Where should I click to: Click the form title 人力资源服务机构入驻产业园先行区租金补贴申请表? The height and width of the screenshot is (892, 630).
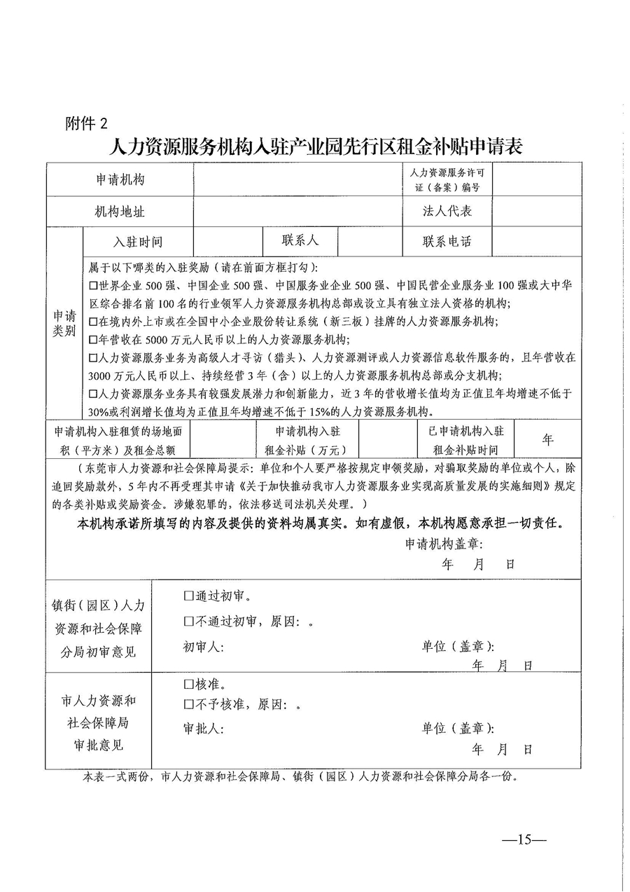pos(316,146)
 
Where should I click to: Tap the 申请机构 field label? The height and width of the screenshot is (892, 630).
pos(120,179)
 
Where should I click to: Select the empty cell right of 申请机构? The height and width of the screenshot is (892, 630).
pos(297,179)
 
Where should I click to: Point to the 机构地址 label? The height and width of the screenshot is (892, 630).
pos(120,211)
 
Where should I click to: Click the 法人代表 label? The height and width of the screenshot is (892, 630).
pos(447,211)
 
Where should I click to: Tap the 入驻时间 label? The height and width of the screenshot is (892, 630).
pos(138,242)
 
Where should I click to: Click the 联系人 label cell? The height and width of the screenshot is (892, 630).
pos(300,241)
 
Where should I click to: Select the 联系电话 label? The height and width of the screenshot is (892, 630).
pos(447,242)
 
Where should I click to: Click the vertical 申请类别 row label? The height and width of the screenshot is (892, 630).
pos(64,323)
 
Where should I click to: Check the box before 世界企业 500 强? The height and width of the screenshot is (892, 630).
pos(94,286)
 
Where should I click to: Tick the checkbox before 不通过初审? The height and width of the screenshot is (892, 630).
pos(188,622)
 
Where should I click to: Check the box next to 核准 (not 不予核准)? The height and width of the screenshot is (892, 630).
pos(188,685)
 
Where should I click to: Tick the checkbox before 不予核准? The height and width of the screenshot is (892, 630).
pos(188,705)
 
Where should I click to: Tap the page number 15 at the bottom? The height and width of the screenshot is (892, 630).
pos(525,839)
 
